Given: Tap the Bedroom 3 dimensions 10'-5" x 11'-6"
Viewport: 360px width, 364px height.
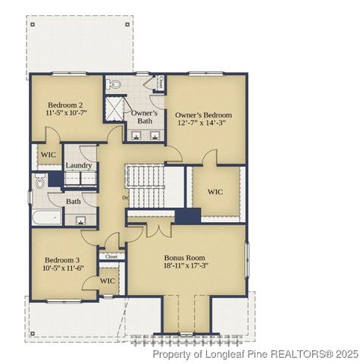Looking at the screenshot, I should pyautogui.click(x=62, y=268).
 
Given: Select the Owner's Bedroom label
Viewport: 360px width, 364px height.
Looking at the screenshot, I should pyautogui.click(x=204, y=115).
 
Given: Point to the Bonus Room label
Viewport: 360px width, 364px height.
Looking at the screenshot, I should pyautogui.click(x=186, y=258).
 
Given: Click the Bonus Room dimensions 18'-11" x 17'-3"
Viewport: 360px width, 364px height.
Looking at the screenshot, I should pyautogui.click(x=186, y=268).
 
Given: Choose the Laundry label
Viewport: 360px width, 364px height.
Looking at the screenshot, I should pyautogui.click(x=79, y=165).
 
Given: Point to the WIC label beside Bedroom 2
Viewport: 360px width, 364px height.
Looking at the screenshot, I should pyautogui.click(x=49, y=155).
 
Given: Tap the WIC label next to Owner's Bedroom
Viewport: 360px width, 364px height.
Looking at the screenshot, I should pyautogui.click(x=216, y=192).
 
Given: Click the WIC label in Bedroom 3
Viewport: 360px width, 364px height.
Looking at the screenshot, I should pyautogui.click(x=108, y=281).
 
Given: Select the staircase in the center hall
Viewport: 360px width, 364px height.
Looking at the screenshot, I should pyautogui.click(x=146, y=186).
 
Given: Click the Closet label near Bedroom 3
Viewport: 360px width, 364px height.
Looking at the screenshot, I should pyautogui.click(x=111, y=256).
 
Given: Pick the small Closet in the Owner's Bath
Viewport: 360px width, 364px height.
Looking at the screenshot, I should pyautogui.click(x=160, y=82).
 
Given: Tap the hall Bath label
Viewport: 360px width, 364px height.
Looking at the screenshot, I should pyautogui.click(x=73, y=201).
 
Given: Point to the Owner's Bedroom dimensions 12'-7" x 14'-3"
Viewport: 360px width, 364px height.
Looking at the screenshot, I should pyautogui.click(x=204, y=124).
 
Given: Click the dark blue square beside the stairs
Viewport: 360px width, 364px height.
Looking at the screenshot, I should pyautogui.click(x=187, y=215).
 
